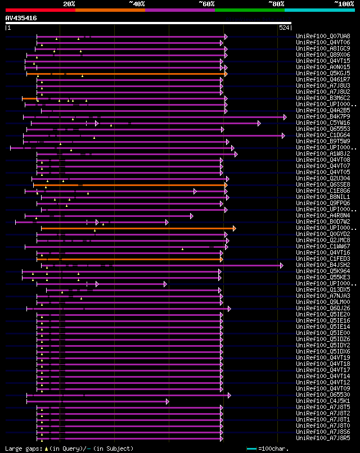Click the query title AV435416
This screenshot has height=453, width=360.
[x=21, y=18]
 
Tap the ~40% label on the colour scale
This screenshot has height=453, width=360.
[x=137, y=4]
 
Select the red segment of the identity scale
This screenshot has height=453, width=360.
[x=40, y=10]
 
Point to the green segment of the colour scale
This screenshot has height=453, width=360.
[x=249, y=10]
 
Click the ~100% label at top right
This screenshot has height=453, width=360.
[x=344, y=4]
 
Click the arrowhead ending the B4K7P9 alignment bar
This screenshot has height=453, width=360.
[x=286, y=117]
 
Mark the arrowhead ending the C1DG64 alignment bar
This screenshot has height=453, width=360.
[x=283, y=135]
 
